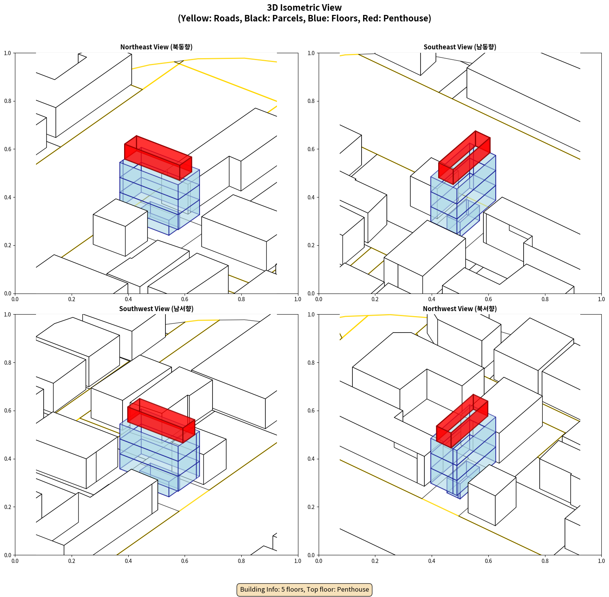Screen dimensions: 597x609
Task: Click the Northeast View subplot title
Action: tap(156, 47)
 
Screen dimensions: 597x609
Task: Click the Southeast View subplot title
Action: tap(460, 47)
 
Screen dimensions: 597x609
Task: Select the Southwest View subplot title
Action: tap(156, 309)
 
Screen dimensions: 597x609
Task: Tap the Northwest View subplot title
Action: tap(460, 309)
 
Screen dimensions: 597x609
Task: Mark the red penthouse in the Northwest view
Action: tap(462, 421)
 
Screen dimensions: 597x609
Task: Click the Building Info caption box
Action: tap(304, 589)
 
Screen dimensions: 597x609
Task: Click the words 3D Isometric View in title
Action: tap(304, 8)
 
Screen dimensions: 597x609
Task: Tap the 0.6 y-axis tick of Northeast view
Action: tap(8, 149)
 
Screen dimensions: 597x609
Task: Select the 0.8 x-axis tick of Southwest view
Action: tap(241, 561)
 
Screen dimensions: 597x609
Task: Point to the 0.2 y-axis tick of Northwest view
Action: tap(311, 507)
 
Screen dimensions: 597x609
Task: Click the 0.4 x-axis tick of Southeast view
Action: tap(432, 299)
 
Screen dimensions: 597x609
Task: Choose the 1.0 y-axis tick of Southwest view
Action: tap(8, 315)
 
